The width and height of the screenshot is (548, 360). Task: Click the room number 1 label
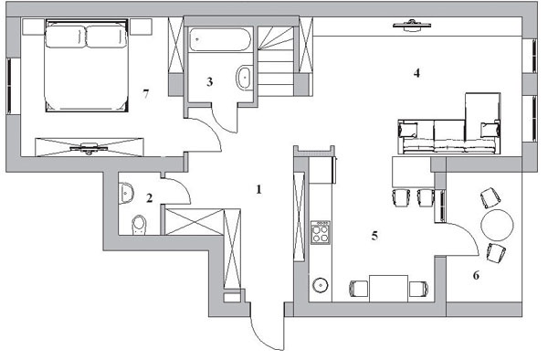coord(258,190)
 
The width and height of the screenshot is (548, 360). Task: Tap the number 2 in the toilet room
coord(150,198)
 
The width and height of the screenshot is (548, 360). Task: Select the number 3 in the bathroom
coord(209,82)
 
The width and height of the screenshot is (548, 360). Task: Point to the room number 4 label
coord(416,73)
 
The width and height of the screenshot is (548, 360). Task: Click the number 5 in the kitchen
coord(374,237)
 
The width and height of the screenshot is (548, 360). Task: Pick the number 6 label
coord(476,276)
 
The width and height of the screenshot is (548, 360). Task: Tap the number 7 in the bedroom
coord(146,94)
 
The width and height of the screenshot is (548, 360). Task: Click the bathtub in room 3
coord(220,39)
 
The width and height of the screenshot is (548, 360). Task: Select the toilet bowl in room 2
coord(139,225)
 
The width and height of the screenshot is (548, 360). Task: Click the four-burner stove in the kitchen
coord(321,232)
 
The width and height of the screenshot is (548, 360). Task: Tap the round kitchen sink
coord(321,285)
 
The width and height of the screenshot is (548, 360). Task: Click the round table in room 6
coord(498,225)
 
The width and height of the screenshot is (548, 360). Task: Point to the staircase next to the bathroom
coord(276,61)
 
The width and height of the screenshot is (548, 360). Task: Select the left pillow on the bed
coord(66,37)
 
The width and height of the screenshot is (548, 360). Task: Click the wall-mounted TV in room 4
coord(412,26)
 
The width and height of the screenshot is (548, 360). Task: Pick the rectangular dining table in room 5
coord(389,289)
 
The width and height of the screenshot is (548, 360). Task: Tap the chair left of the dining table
coord(359,289)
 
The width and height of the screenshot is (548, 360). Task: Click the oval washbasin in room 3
coord(244,78)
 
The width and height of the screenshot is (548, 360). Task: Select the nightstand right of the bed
coord(141,26)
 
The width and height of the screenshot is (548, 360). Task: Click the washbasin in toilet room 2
coord(126,193)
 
